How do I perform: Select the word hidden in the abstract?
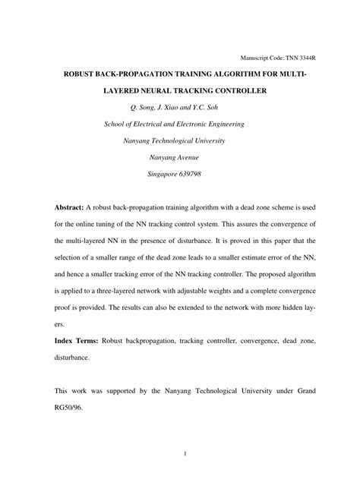[275, 310]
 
